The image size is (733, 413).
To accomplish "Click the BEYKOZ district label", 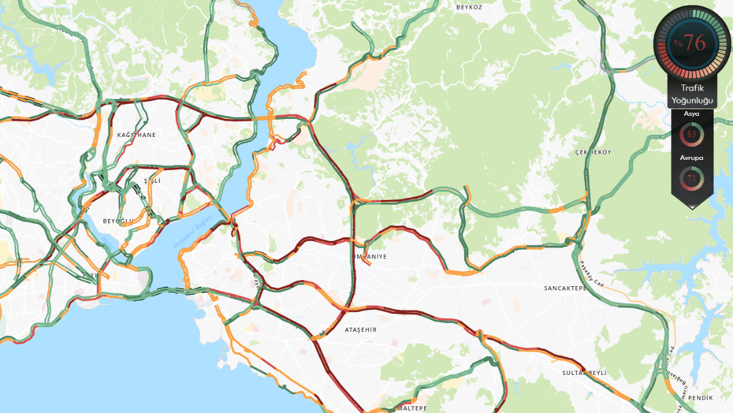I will [469, 6].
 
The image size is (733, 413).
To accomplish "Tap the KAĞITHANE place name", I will [136, 135].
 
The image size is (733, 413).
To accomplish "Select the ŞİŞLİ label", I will [152, 180].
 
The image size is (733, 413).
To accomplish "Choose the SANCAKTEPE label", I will [566, 288].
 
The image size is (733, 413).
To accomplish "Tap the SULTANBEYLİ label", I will [584, 371].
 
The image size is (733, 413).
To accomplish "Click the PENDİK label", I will [700, 398].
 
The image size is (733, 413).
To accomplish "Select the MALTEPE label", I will [411, 407].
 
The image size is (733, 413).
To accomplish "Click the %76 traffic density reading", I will [690, 43].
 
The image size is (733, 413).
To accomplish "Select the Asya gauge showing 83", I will [691, 135].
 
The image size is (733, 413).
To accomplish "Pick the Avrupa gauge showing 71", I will [691, 179].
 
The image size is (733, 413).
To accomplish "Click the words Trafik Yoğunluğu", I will [691, 94].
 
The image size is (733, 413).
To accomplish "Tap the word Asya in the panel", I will [691, 114].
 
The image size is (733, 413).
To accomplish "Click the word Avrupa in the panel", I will [691, 158].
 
